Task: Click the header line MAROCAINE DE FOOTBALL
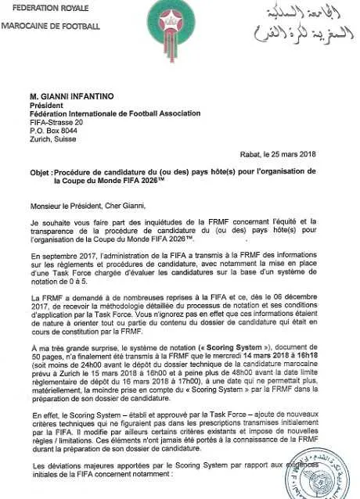[51, 27]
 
